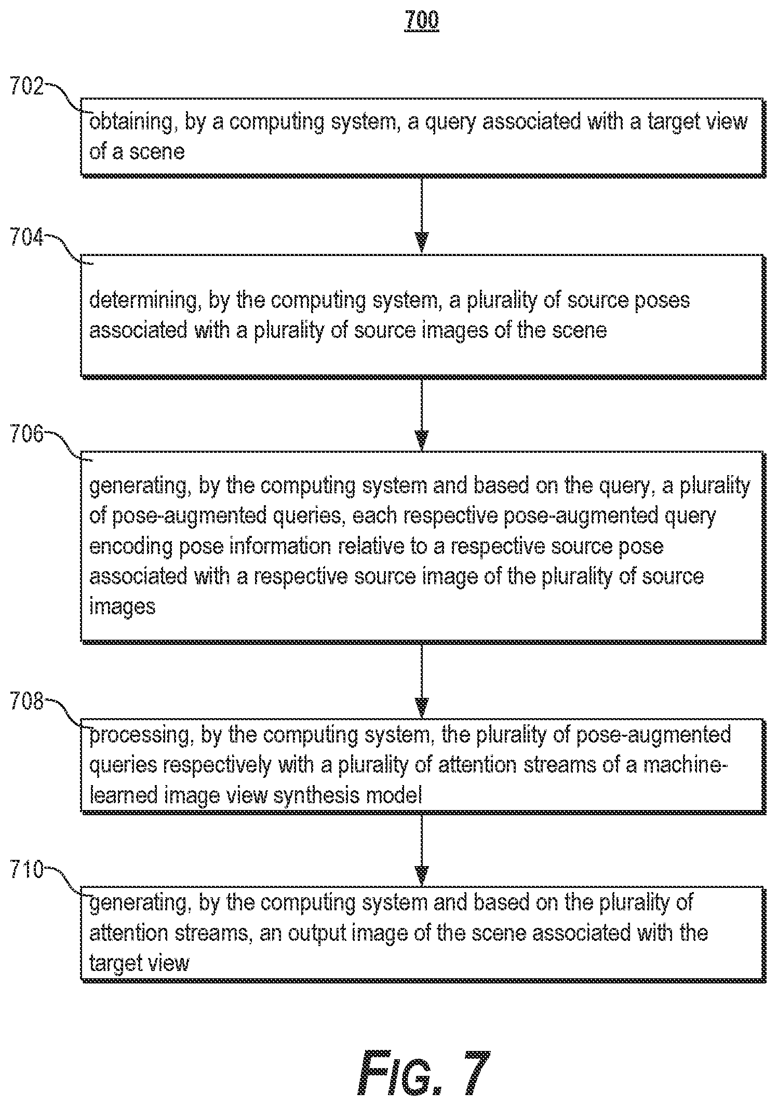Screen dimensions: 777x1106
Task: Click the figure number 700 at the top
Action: tap(421, 20)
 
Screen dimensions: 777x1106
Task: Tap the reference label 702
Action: tap(26, 86)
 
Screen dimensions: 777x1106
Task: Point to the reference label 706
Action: tap(26, 434)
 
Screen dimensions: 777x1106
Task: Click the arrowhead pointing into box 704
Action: tap(422, 242)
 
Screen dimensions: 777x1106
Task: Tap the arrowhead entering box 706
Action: tap(422, 440)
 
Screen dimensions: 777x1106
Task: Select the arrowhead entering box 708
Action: tap(422, 707)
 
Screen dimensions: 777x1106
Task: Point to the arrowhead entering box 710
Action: tap(422, 875)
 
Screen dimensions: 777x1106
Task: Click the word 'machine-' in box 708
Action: tap(682, 765)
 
